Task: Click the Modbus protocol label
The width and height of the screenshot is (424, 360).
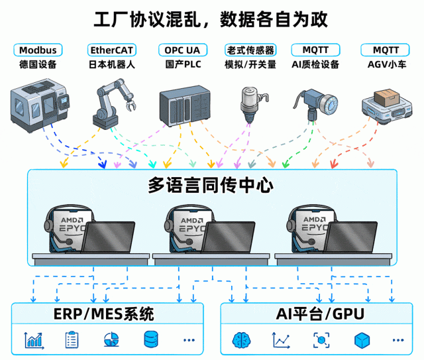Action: [38, 50]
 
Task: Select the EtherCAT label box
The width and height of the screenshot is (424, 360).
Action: [112, 50]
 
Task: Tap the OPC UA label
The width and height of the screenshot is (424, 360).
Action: [183, 50]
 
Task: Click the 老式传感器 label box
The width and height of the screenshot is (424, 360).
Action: [250, 50]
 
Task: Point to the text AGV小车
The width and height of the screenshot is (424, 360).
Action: [387, 64]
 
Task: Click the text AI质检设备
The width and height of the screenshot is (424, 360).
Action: [315, 64]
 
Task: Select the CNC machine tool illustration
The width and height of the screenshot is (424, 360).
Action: [39, 105]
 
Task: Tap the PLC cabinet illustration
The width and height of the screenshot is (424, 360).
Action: [185, 105]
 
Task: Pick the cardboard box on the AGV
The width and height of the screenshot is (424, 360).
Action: [386, 97]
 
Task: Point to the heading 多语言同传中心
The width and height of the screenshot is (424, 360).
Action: [211, 185]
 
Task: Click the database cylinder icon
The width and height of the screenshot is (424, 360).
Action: [151, 339]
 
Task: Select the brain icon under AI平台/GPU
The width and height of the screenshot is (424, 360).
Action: [241, 340]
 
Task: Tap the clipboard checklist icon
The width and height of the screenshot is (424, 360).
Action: [72, 339]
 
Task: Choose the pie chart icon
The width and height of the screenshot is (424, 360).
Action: [111, 339]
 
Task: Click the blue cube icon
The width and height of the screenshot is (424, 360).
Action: [362, 340]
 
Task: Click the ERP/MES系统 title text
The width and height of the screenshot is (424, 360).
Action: [104, 314]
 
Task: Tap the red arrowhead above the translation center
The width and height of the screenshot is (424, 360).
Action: [334, 164]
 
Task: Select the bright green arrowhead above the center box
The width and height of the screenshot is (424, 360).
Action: [286, 164]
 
